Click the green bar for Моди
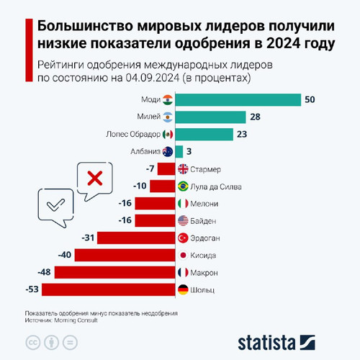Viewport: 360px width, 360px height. [x=238, y=99]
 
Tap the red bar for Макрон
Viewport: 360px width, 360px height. [x=115, y=273]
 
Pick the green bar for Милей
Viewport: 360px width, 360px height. [x=211, y=117]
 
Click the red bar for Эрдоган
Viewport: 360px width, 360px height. [x=138, y=238]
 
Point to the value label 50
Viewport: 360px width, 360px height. [x=310, y=99]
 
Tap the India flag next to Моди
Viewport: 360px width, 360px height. [x=168, y=99]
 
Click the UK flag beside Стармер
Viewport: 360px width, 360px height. [x=183, y=169]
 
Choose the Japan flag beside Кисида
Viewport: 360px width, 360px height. [x=183, y=256]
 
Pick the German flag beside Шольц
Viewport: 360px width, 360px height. [x=183, y=290]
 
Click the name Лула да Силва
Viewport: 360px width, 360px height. [x=219, y=186]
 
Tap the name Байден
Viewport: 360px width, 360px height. [x=206, y=221]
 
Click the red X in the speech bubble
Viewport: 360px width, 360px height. [x=94, y=178]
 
